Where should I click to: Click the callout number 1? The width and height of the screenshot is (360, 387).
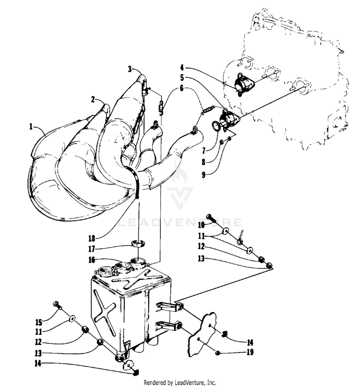pos(31,127)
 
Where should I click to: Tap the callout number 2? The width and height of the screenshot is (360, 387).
pos(93,100)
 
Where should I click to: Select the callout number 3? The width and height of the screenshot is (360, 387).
pos(130,69)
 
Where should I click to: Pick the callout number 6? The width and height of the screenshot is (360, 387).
pos(182,88)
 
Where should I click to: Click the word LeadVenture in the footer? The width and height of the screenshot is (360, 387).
pos(190,383)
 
